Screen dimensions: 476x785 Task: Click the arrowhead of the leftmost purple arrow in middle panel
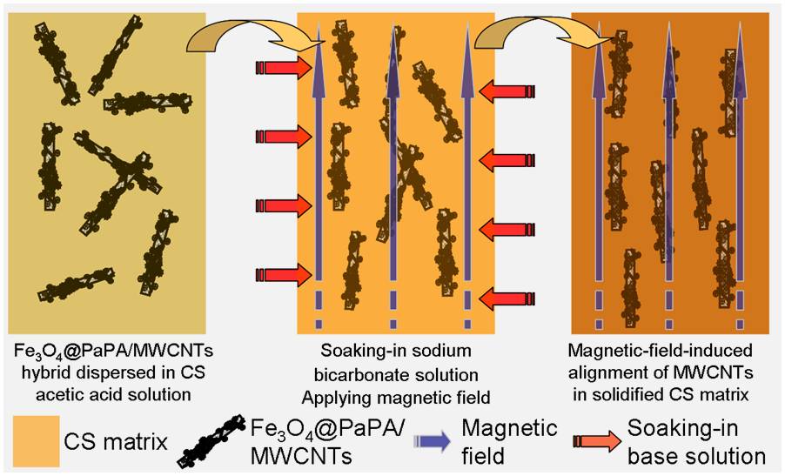[x=319, y=39]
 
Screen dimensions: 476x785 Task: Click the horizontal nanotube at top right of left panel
[x=148, y=103]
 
